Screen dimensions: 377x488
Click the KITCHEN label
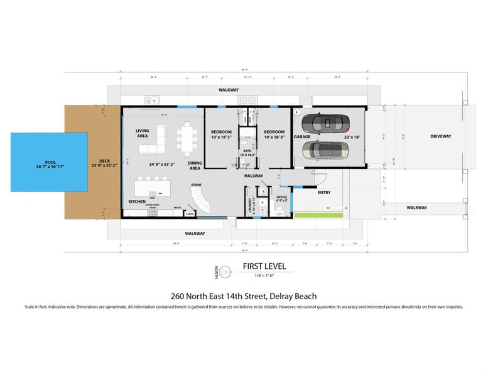point(137,201)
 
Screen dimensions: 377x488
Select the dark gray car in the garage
point(323,123)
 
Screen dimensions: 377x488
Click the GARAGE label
point(302,136)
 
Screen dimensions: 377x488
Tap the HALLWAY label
point(254,176)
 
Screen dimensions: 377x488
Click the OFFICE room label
point(281,197)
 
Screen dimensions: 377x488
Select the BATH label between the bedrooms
point(248,151)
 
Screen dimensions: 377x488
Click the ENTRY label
point(324,192)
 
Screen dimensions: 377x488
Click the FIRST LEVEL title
point(264,266)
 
